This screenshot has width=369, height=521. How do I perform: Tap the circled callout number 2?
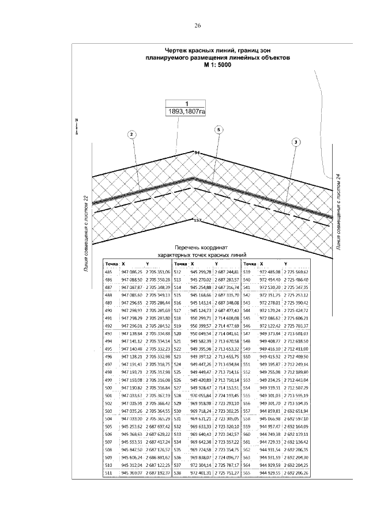pos(131,135)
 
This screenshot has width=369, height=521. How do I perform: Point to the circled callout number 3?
pos(296,141)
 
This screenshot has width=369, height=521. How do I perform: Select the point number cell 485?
pos(108,271)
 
